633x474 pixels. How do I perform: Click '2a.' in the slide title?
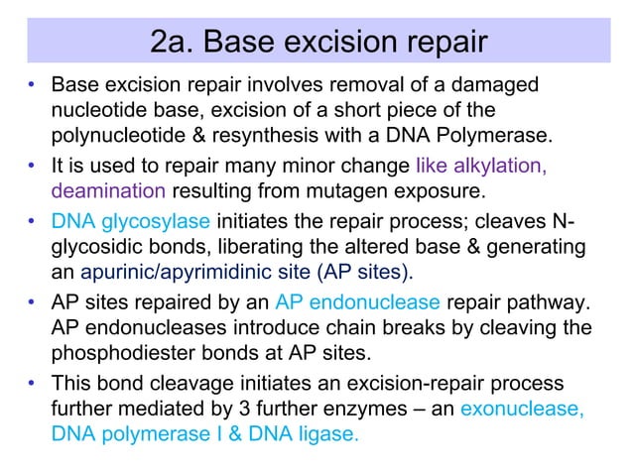(173, 43)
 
